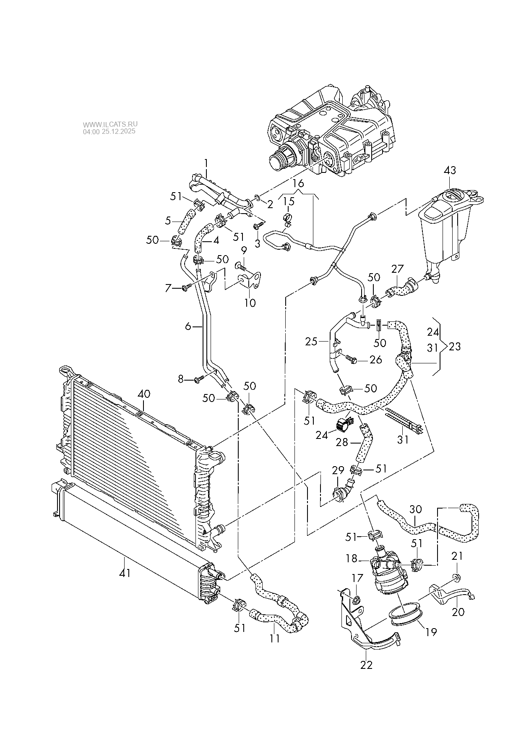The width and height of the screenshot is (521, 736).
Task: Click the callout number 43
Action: (x=450, y=170)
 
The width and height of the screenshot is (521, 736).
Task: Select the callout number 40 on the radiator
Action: (x=144, y=394)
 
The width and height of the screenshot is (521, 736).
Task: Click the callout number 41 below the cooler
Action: (x=125, y=572)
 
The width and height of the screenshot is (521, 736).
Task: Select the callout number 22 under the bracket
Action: (x=366, y=665)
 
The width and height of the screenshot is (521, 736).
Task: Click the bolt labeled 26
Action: (x=352, y=360)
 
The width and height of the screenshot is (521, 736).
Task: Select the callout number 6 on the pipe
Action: (x=188, y=326)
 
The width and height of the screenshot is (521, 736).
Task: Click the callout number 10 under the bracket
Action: (x=250, y=303)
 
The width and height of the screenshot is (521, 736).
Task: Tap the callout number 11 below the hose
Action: (x=274, y=639)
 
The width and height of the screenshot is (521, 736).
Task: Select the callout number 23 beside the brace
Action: (x=455, y=347)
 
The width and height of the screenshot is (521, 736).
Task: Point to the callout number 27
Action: (x=397, y=269)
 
